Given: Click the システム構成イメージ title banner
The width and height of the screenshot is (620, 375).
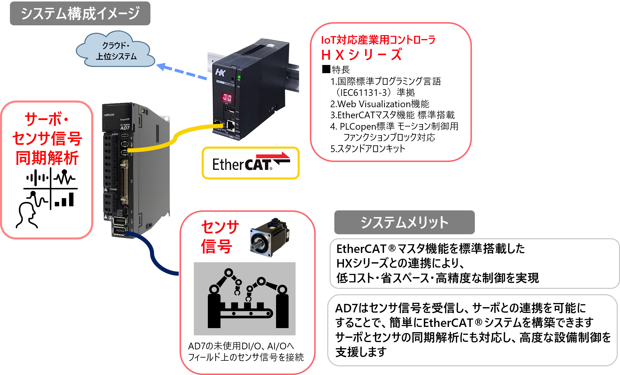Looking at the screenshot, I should [80, 13].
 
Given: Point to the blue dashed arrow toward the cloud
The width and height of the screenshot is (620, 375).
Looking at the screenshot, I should [182, 71].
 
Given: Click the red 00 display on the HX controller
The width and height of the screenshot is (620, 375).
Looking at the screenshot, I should [227, 97].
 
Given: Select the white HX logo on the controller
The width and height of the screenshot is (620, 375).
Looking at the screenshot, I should [220, 72].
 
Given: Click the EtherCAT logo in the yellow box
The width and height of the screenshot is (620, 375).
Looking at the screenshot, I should [251, 163].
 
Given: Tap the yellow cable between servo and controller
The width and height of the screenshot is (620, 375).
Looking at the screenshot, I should [175, 138].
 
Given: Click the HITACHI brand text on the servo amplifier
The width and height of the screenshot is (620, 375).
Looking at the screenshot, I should [109, 115].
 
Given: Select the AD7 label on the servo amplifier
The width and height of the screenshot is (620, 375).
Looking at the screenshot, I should [125, 128].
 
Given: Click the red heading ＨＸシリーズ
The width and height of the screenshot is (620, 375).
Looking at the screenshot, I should [361, 55].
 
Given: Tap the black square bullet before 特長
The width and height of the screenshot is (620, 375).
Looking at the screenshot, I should [326, 69].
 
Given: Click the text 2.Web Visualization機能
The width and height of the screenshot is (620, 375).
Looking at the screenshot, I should [380, 104].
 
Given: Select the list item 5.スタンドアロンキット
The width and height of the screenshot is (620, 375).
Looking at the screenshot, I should [368, 149].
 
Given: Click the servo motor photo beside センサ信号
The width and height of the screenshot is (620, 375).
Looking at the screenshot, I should [269, 237].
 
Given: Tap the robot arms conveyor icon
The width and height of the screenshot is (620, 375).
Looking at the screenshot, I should [245, 299].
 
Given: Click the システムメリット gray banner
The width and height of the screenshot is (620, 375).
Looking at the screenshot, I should [404, 222].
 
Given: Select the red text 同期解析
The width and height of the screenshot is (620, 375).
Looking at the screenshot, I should [47, 158].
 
